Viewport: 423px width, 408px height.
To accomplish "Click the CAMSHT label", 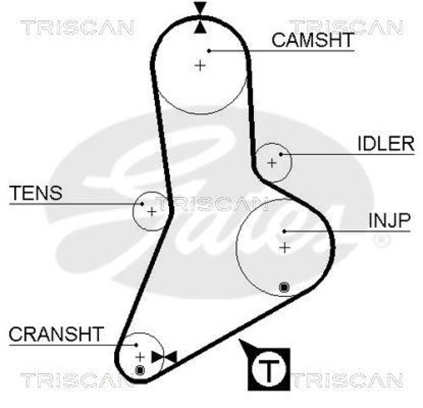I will [312, 41].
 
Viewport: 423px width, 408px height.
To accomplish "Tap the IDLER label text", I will [385, 144].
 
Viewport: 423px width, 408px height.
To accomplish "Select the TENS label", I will [35, 193].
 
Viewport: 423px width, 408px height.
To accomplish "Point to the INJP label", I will [389, 221].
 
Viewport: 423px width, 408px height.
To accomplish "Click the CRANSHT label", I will [56, 334].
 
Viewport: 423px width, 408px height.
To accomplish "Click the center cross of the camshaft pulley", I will [200, 66].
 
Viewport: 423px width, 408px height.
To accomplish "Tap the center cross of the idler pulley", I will [272, 162].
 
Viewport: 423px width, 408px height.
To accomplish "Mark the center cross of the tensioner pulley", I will [151, 212].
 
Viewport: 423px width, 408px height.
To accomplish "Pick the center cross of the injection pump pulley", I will [284, 247].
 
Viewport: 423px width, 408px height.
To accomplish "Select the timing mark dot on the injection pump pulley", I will [284, 287].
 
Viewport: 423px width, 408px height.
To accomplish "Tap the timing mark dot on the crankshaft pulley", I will [140, 369].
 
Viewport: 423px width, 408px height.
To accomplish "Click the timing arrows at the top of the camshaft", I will [200, 17].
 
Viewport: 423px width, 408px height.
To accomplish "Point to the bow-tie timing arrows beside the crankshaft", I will [163, 357].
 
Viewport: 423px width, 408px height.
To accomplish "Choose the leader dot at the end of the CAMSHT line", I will [209, 51].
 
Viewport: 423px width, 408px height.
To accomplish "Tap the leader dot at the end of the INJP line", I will [284, 231].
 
